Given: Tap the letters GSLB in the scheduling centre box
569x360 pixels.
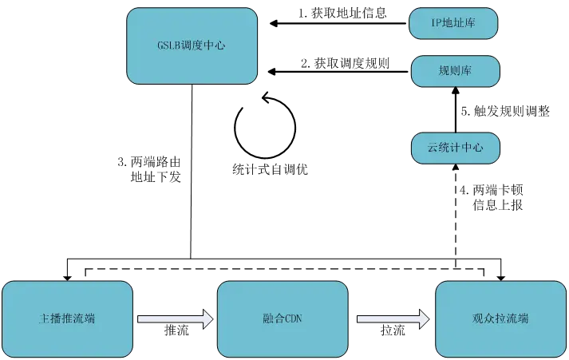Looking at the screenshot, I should coord(170,45).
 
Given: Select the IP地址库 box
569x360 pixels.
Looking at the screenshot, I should coord(453,23).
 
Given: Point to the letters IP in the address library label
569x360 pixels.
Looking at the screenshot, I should coord(435,23).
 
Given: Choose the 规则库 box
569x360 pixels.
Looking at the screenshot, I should coord(455,71).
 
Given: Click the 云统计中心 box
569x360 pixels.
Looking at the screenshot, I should coord(455,148).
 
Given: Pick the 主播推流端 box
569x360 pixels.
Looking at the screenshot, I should coord(67,318).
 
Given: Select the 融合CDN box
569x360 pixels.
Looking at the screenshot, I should coord(283,318).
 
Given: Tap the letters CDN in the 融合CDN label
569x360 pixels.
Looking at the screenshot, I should coord(292,319).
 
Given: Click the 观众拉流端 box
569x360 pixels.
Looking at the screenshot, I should coord(500,318).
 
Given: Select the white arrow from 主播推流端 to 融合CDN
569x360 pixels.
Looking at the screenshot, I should coord(175,319).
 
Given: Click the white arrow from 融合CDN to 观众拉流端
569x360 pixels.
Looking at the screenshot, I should coord(393,319).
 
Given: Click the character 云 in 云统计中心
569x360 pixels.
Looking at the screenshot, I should coord(433,148).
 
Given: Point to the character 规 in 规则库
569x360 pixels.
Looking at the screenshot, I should coord(444,71).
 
